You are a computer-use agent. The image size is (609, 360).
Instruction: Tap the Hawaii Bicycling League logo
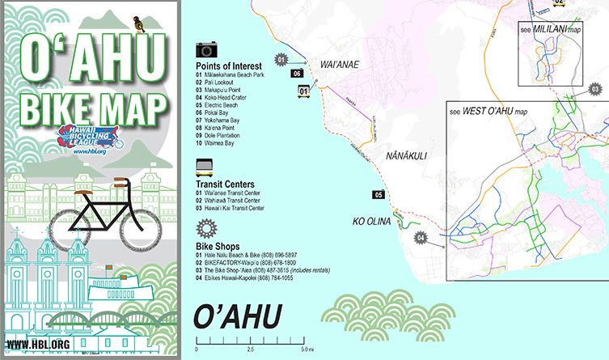88,137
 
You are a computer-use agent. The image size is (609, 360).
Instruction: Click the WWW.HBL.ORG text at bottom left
37,345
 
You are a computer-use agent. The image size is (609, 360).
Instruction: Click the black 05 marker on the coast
378,194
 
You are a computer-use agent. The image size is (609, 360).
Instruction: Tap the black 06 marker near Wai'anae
297,74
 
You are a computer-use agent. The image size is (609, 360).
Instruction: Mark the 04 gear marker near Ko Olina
420,237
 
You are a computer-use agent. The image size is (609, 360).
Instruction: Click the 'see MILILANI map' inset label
552,29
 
